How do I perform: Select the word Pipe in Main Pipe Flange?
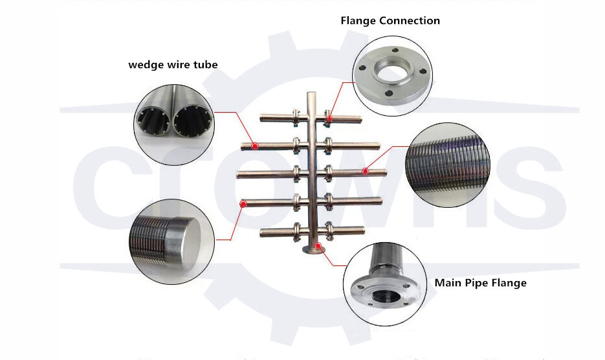point(478,283)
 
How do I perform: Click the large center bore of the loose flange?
point(392,73)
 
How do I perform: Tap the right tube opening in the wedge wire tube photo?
point(192,122)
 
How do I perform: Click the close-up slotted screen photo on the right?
point(448,165)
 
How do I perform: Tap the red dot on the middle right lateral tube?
point(365,172)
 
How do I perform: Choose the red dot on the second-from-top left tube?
point(256,146)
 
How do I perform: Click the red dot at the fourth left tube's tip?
point(243,204)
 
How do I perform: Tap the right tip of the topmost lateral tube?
point(359,118)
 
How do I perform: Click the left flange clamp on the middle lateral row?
point(297,172)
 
